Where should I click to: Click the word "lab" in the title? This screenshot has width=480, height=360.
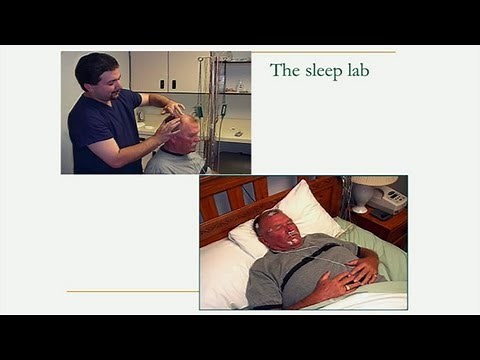pos(363,71)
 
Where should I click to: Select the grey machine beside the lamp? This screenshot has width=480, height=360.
pos(388,200)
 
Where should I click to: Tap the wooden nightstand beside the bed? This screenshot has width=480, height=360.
pos(385,228)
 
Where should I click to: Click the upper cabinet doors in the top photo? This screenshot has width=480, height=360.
pos(166,70)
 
